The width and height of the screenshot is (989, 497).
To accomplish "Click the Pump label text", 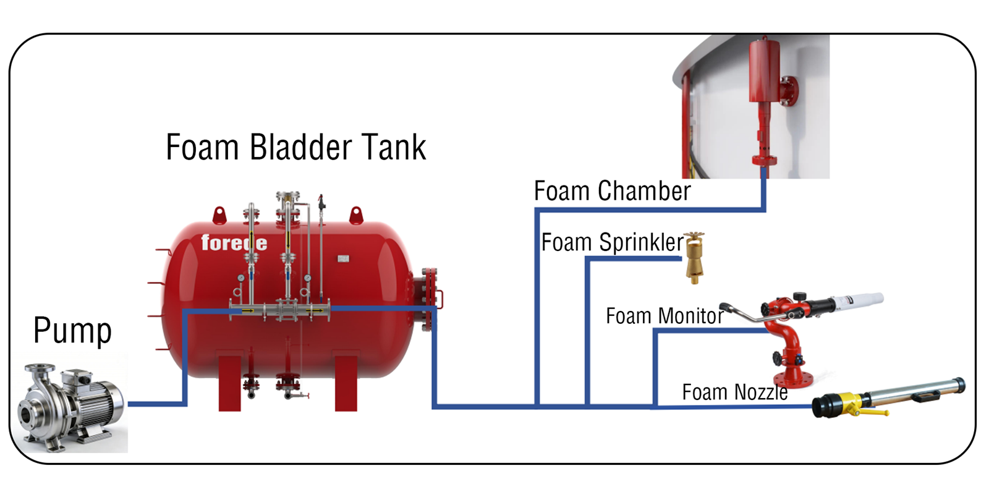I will click(x=72, y=331).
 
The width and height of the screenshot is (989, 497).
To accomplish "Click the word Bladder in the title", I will click(x=295, y=148).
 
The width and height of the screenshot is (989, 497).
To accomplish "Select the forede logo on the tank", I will click(x=234, y=243).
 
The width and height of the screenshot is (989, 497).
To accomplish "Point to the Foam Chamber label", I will click(x=612, y=192).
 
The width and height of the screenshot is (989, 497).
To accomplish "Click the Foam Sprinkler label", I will click(x=612, y=242).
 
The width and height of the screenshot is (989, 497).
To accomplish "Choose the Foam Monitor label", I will click(x=664, y=316).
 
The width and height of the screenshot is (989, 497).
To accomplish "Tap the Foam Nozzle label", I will click(x=734, y=393).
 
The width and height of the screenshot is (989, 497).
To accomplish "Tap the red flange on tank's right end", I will click(x=429, y=300).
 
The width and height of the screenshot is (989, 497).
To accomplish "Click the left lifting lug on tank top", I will click(x=219, y=216).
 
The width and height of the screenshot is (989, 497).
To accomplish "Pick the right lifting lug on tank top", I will click(x=355, y=216).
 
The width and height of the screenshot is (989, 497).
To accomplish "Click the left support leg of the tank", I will click(x=229, y=383).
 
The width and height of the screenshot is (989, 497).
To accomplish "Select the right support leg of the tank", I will click(x=346, y=383).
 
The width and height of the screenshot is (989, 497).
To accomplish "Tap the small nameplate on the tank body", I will click(x=343, y=258).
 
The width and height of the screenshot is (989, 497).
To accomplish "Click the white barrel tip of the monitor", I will click(x=859, y=301).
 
